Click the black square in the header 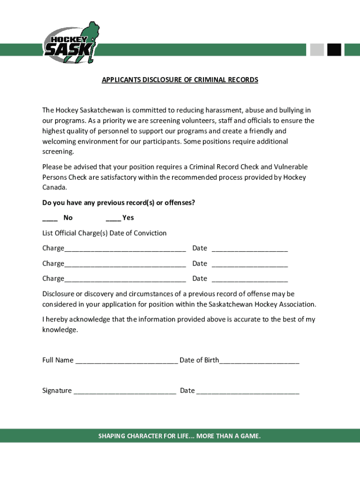pos(334,50)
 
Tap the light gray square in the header pos(317,50)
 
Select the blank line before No pos(50,218)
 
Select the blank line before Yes pos(113,218)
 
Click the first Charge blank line pos(125,249)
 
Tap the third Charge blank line pos(125,279)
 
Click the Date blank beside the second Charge pos(250,264)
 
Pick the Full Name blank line pos(126,361)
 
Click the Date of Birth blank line pos(259,361)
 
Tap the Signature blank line pos(124,392)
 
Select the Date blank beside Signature pos(248,392)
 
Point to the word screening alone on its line pos(58,152)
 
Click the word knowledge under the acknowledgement pos(59,330)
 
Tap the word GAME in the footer pos(249,436)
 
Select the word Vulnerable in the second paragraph pos(291,167)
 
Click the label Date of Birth pos(199,360)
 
